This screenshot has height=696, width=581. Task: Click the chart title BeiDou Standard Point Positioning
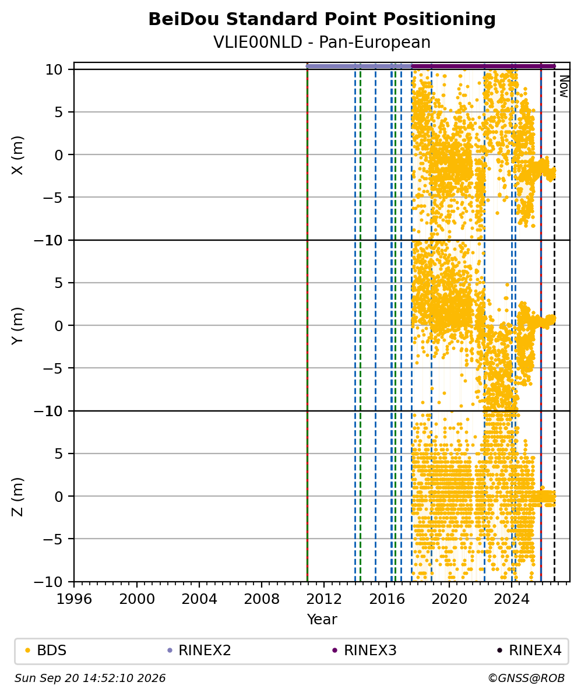[322, 19]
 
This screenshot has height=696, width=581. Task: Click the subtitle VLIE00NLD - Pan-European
[322, 42]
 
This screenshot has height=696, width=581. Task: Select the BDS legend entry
[47, 651]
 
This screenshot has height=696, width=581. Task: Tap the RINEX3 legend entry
[364, 651]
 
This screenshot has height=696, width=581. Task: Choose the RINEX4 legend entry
[530, 651]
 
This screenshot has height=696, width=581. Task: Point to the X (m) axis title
[17, 155]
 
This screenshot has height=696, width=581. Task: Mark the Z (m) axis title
[17, 497]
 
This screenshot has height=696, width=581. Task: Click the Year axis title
[322, 619]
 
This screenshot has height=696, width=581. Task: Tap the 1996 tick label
[74, 599]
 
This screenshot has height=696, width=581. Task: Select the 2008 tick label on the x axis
[262, 599]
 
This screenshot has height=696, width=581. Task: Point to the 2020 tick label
[449, 599]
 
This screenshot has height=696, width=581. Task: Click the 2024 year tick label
[512, 599]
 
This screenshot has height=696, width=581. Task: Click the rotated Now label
[564, 86]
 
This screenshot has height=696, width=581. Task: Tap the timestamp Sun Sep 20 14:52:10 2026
[90, 679]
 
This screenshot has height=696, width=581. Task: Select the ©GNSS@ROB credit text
[526, 679]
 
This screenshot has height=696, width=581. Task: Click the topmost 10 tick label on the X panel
[54, 70]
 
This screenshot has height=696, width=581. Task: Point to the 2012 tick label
[324, 599]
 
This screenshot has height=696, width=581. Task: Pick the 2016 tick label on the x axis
[386, 599]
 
